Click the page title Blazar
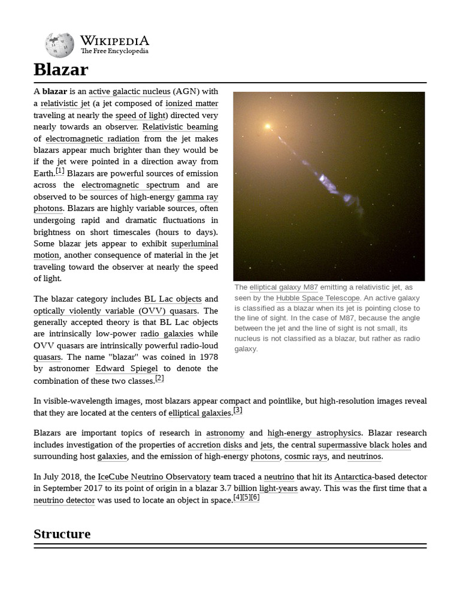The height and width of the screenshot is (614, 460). (x=61, y=70)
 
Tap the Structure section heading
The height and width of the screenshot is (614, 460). (x=62, y=534)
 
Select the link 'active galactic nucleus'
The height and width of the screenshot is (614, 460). (x=129, y=92)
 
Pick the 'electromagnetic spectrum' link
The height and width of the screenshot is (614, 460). (x=131, y=185)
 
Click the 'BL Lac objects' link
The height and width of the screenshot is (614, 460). (x=172, y=299)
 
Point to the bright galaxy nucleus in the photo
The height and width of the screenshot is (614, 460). (x=268, y=127)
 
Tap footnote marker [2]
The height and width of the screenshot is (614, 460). (x=159, y=378)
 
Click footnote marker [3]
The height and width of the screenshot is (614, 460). (x=238, y=410)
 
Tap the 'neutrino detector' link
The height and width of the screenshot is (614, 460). (x=64, y=499)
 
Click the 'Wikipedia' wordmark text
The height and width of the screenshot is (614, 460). (x=114, y=41)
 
